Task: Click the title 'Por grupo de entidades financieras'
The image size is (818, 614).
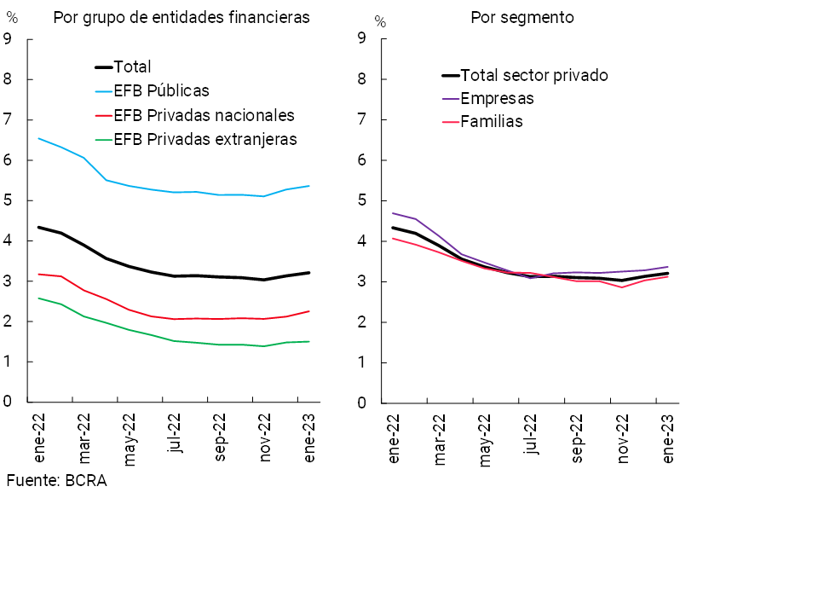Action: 181,18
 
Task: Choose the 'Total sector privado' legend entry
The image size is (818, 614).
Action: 533,75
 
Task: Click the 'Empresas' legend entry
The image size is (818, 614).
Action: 497,98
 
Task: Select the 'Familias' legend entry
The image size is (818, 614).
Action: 491,122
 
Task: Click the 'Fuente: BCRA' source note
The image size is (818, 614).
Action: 56,481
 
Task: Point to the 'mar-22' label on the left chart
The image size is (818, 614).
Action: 84,437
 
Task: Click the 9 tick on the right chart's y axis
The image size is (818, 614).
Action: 361,39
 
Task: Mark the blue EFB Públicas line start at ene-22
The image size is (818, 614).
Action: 39,138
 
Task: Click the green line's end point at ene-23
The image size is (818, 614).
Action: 308,342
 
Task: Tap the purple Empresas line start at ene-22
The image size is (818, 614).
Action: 392,213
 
